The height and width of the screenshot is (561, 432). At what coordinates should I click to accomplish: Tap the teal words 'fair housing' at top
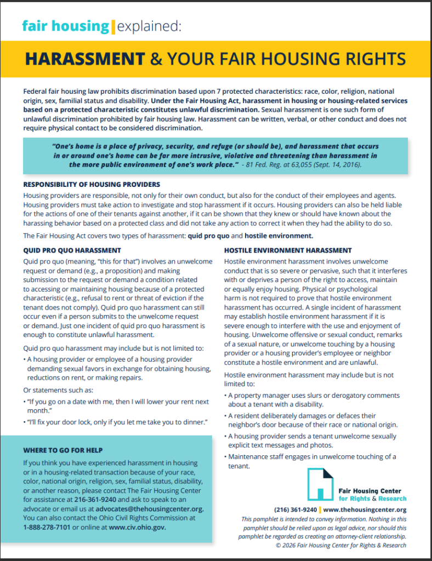pos(65,26)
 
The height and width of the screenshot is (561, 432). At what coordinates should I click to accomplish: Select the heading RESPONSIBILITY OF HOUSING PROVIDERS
pos(92,184)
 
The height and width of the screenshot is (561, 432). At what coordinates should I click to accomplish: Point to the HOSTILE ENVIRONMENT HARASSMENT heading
pos(288,250)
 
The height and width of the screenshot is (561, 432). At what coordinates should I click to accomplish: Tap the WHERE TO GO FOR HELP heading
pos(62,450)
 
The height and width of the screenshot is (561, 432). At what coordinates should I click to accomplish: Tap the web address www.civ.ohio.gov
pos(137,527)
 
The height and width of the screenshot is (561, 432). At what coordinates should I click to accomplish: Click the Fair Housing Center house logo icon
pos(320,484)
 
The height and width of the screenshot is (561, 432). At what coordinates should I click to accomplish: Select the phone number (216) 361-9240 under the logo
pos(295,510)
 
